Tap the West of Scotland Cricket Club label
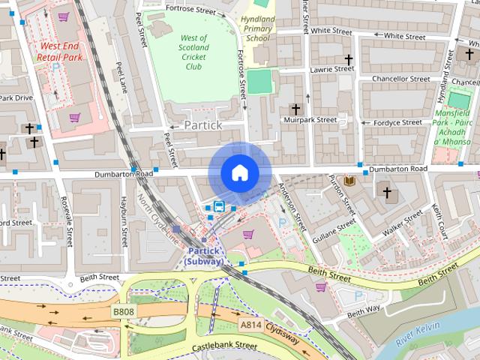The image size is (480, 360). tap(194, 52)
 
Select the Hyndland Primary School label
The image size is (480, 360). tap(257, 28)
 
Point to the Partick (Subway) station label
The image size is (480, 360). tap(204, 256)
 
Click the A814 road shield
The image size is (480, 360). tap(250, 325)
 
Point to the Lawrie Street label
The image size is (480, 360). tap(332, 69)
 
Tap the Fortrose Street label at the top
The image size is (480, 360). tap(190, 8)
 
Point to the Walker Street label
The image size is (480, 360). tap(403, 223)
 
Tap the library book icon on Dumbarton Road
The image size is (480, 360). tap(349, 181)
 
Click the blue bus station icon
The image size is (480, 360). tap(219, 207)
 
